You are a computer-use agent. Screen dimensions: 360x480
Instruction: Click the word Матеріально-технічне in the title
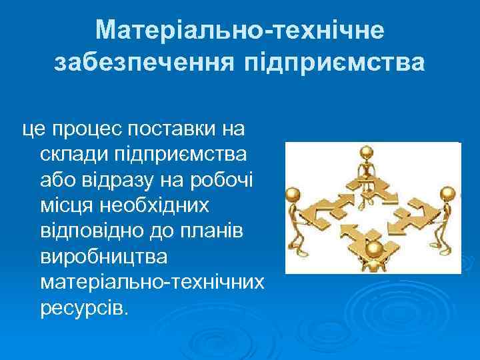[239, 29]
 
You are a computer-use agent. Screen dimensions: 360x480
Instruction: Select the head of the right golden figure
[448, 193]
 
